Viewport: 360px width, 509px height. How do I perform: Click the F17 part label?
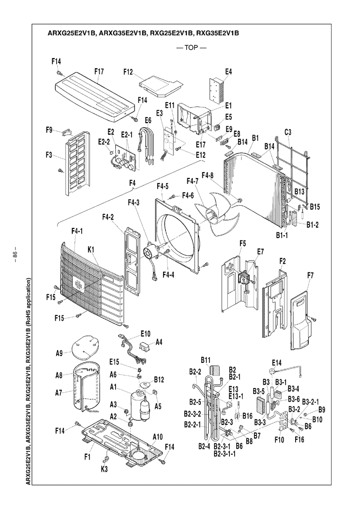pos(99,72)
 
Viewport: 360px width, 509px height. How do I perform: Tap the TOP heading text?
pos(191,48)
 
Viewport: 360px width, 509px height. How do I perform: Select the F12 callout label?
pos(129,72)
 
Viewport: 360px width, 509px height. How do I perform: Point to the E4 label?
pos(228,72)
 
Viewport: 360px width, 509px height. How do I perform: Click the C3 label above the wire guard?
pos(288,132)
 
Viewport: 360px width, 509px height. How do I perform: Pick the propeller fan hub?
pos(211,214)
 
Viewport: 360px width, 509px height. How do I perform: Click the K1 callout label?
pos(91,250)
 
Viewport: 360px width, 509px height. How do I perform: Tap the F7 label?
pos(310,276)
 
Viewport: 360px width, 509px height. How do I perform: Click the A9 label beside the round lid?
pos(59,354)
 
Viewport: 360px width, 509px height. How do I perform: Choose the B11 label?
pos(205,359)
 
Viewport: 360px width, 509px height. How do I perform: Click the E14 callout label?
pos(277,362)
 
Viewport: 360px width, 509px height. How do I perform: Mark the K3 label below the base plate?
pos(104,469)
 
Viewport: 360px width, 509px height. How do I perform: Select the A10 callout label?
pos(157,437)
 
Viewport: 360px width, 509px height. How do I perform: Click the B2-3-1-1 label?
pos(225,453)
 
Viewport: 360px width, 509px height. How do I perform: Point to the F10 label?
pos(279,439)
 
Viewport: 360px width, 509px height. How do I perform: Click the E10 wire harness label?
pos(146,334)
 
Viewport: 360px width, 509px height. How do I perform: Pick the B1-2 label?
pos(312,225)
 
